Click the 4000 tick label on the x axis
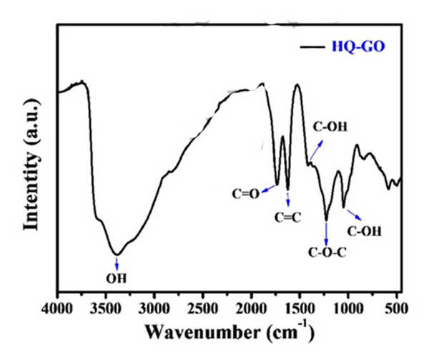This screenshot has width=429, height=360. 58,308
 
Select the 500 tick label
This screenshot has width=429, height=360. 396,308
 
